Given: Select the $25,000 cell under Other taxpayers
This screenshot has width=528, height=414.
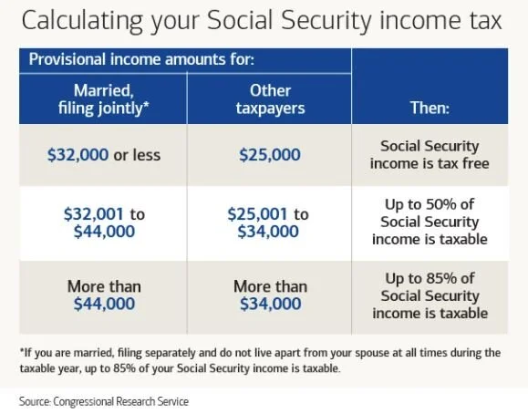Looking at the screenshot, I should click(269, 154).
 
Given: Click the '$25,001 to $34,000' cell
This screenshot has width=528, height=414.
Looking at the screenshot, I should click(269, 223).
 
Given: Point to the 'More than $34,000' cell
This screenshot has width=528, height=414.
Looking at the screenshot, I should click(269, 295).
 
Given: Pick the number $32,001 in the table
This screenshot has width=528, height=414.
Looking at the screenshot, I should click(91, 213).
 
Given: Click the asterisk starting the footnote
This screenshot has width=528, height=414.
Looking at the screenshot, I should click(21, 351).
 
